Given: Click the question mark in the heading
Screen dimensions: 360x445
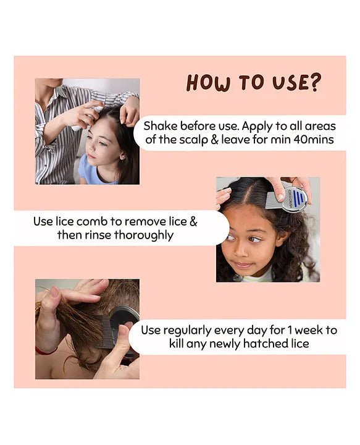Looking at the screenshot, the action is [313, 82].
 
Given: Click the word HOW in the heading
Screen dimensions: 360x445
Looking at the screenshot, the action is [207, 83].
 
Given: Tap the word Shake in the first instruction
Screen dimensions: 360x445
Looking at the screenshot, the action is [161, 126].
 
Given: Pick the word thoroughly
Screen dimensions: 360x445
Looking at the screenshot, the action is [144, 235].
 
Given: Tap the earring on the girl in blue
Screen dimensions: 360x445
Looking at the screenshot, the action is [123, 156].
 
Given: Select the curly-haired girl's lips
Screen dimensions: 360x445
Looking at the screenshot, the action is [242, 265].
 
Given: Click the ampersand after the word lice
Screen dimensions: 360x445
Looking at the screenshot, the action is [193, 222].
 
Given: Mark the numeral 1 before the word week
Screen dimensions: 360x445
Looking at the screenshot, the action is [290, 330].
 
